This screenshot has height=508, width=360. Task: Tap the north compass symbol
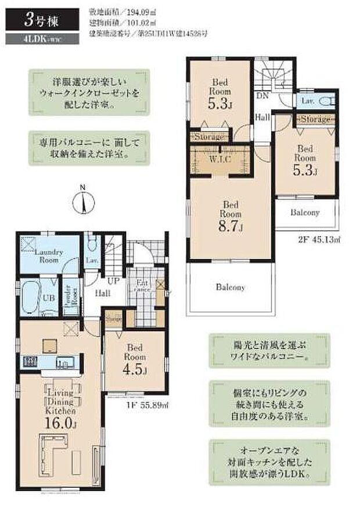[x=84, y=203]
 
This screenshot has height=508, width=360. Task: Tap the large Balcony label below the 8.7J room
[x=231, y=287]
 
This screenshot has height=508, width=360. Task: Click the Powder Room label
[x=67, y=297]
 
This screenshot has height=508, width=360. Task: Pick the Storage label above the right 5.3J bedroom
[x=314, y=119]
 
